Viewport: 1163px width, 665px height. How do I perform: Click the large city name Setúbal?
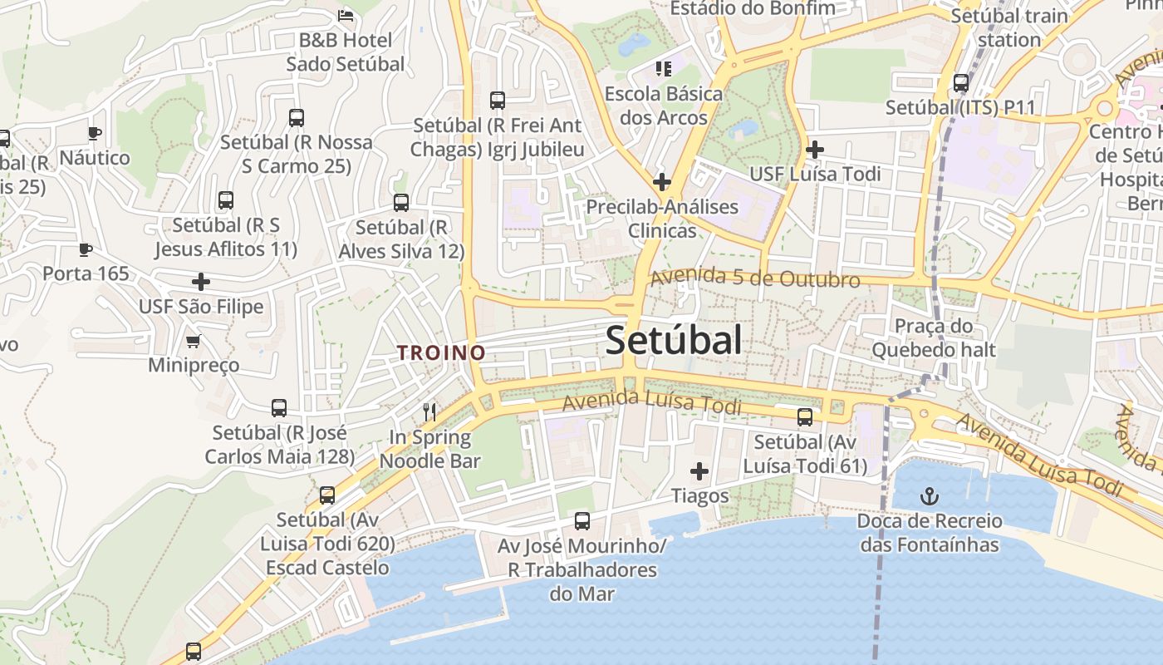673,341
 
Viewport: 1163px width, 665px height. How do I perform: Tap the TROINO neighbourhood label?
441,352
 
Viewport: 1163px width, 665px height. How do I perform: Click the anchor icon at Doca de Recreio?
930,497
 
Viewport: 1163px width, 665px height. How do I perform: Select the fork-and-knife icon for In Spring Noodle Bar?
429,411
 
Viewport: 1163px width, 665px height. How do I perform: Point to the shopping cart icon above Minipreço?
194,341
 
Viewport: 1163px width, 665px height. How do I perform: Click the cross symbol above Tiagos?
699,472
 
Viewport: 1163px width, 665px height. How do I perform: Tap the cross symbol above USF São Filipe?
201,282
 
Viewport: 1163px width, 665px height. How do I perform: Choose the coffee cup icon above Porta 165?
85,249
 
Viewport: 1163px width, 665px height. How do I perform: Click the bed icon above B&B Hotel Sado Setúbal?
346,15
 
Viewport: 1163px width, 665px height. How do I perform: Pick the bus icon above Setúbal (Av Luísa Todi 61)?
804,417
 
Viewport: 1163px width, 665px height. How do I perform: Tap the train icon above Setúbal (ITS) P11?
961,83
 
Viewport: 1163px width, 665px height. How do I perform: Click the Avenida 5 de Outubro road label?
754,278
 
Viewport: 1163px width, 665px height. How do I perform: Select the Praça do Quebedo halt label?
933,337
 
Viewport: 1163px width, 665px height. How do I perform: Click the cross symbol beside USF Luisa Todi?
815,150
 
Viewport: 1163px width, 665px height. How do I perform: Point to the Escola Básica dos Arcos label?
663,106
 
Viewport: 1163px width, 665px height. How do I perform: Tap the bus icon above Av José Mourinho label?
582,521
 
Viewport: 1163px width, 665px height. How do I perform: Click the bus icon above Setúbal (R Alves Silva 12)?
401,203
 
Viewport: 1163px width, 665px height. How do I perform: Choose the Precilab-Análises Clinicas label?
662,218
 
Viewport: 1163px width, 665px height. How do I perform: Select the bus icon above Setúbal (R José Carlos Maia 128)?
279,408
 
